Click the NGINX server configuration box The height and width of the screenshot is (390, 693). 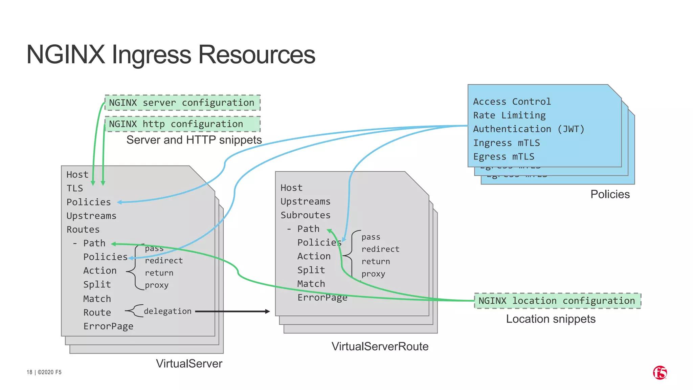(x=182, y=103)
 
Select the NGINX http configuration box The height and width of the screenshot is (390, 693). (x=182, y=124)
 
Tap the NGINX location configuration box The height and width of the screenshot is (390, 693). (x=557, y=301)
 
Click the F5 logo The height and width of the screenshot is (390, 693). (x=660, y=373)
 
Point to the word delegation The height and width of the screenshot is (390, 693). (x=167, y=311)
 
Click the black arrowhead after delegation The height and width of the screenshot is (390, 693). (x=267, y=311)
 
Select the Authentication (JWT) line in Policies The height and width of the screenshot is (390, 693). (x=529, y=129)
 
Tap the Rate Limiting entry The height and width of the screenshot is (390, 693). (x=509, y=115)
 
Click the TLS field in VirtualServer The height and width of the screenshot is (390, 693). (x=75, y=188)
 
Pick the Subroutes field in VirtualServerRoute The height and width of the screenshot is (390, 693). (x=305, y=215)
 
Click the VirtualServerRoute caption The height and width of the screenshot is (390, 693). (x=380, y=346)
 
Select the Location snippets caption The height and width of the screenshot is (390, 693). (x=551, y=319)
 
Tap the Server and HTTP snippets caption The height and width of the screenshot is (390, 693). (x=194, y=140)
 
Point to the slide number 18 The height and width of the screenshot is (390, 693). (x=29, y=372)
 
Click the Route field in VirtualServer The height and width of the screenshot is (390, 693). (x=97, y=312)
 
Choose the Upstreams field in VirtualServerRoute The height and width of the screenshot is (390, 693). (x=305, y=201)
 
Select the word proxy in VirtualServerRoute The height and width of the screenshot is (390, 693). (x=373, y=274)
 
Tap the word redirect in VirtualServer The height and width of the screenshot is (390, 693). (x=164, y=261)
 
